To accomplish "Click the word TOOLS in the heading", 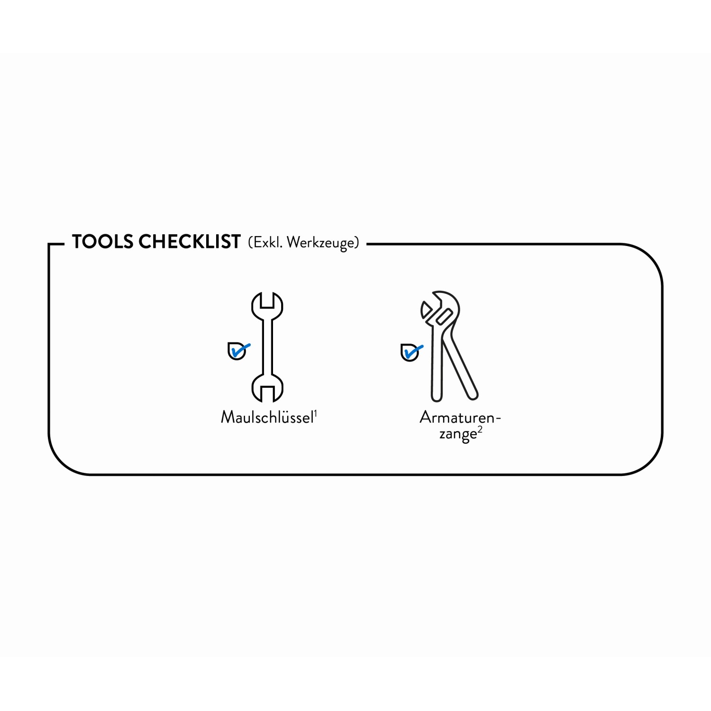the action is point(102,242).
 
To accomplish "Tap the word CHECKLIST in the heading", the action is point(190,242).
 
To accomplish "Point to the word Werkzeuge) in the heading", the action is point(323,243).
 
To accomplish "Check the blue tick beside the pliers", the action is point(413,352).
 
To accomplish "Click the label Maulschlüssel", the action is point(267,417).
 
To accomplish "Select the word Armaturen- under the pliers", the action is point(460,418).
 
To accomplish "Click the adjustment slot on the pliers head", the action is point(444,316).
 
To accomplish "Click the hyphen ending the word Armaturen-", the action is point(498,419).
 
